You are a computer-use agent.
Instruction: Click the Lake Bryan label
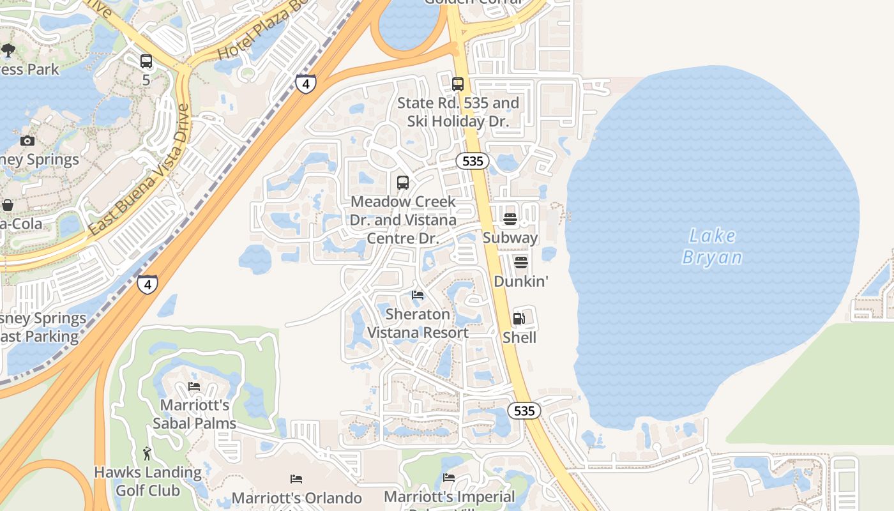click(712, 247)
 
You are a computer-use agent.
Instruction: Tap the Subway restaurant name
click(510, 238)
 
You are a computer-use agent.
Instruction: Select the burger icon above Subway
click(510, 219)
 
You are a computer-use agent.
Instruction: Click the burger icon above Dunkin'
click(521, 263)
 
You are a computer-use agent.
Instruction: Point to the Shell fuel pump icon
click(519, 318)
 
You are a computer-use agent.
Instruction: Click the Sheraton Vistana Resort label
click(418, 323)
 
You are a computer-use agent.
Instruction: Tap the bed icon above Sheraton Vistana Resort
click(418, 294)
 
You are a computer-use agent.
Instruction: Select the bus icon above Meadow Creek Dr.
click(403, 183)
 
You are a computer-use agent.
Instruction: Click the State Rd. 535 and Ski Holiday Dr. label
click(458, 112)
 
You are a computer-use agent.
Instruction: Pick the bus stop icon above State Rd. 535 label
click(458, 84)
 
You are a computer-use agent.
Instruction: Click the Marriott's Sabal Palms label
click(194, 414)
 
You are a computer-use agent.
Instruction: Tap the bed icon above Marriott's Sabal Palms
click(194, 386)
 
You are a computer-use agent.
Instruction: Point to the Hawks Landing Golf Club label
click(148, 482)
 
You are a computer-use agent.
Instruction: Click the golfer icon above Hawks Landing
click(148, 454)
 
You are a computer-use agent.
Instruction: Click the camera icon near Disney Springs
click(27, 141)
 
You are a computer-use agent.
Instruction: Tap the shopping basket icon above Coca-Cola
click(8, 205)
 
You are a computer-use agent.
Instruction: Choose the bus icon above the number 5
click(146, 61)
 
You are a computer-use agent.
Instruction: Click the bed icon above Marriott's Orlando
click(296, 478)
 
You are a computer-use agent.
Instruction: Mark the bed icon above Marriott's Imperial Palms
click(449, 477)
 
